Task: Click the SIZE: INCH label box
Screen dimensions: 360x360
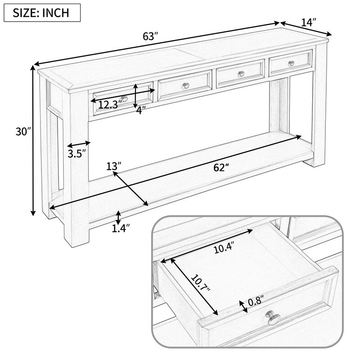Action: (42, 12)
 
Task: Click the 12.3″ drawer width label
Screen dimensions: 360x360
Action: (110, 105)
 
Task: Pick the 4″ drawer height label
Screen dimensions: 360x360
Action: (141, 110)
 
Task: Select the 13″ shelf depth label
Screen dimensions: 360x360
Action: (114, 166)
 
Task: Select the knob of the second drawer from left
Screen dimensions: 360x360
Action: (184, 85)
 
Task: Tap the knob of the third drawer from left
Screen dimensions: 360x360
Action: (240, 74)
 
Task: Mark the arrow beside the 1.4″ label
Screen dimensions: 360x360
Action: (118, 217)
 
